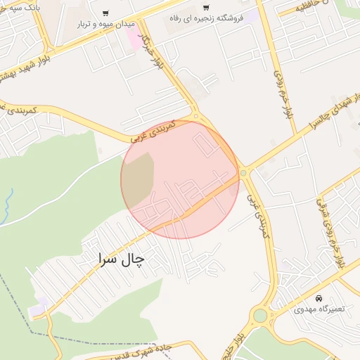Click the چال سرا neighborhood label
tap(120, 259)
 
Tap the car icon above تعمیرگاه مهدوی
tap(318, 298)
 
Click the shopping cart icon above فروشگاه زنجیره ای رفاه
tap(226, 8)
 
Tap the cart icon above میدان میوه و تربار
tap(105, 13)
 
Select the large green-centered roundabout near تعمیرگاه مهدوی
tap(260, 316)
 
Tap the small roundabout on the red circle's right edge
tap(243, 172)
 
